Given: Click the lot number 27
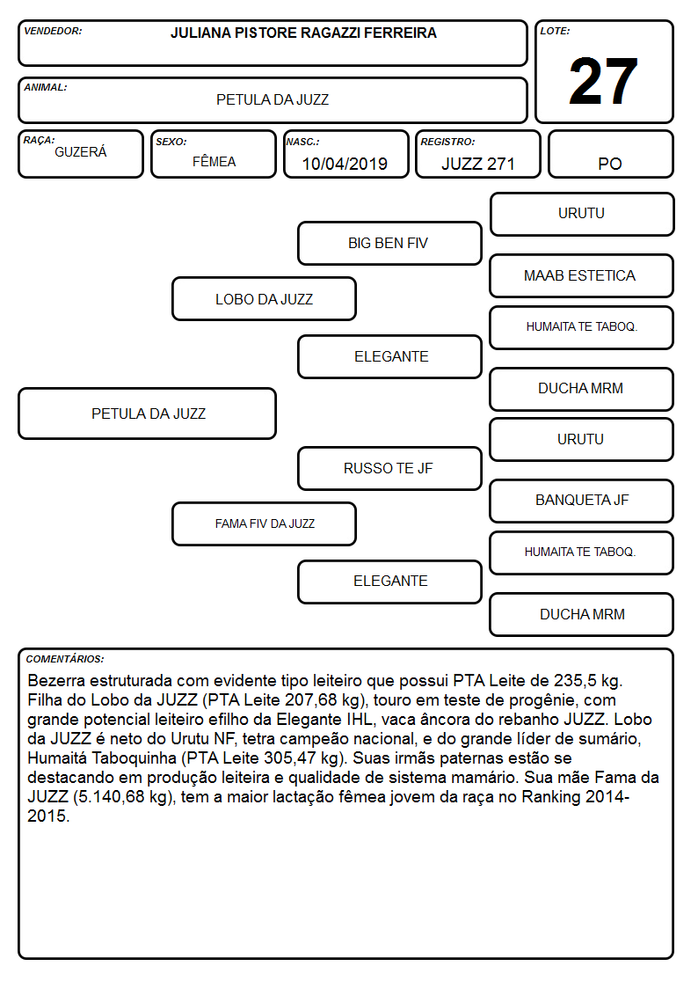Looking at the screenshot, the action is tap(603, 81).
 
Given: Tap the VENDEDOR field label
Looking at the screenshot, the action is tap(53, 31).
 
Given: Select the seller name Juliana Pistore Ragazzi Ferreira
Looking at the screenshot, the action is tap(303, 33).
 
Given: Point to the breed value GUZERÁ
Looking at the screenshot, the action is tap(81, 152).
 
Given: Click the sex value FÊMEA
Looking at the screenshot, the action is tap(214, 161).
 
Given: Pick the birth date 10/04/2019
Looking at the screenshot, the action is tap(345, 164).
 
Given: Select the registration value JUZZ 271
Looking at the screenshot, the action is tap(478, 164).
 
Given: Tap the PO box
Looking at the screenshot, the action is tap(610, 154).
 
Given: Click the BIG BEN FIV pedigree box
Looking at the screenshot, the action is tap(389, 243).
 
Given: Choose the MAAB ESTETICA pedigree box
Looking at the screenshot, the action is tap(582, 275).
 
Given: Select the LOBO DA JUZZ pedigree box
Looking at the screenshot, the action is tap(265, 298).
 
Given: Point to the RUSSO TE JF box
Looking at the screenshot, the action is tap(389, 468).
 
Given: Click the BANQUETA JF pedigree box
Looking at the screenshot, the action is tap(582, 501).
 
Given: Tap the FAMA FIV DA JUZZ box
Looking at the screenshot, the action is tap(265, 523).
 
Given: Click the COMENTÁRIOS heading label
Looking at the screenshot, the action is tap(65, 659).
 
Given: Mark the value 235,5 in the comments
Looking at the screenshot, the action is tap(575, 680).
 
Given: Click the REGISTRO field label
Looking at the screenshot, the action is tap(447, 142).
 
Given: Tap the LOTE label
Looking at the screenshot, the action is tap(555, 31).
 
